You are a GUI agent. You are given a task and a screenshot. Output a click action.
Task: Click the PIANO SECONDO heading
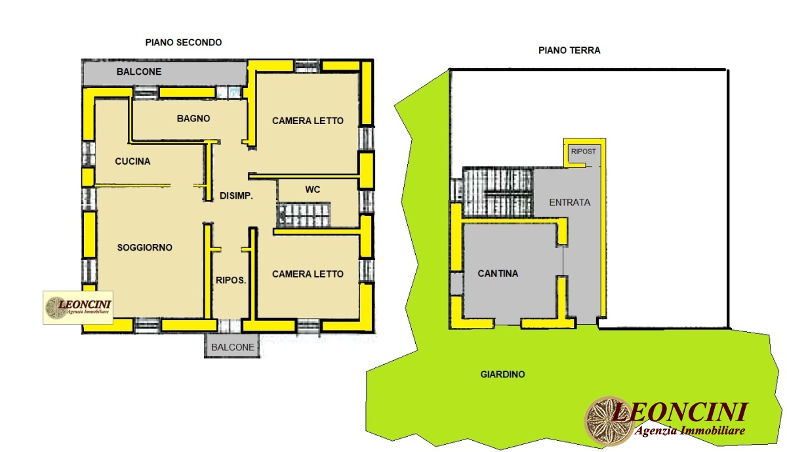pos(184,42)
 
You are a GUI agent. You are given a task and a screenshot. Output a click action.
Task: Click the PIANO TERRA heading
pos(569,50)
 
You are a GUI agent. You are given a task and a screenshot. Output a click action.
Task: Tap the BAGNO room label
pos(193,119)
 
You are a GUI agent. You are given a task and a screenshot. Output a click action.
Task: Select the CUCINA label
pos(132,161)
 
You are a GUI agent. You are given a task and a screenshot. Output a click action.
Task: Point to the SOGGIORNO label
pos(144,247)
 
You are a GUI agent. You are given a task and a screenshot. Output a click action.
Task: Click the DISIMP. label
pos(236,195)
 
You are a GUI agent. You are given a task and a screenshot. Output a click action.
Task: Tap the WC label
pos(312,190)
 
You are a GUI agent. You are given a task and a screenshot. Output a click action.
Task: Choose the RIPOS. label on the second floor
pos(231,279)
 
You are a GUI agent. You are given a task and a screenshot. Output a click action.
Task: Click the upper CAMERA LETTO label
pos(308,121)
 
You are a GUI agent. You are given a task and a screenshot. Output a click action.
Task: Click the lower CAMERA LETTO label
pos(308,274)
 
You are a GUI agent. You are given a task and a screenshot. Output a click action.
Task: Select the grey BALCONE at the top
pos(139,72)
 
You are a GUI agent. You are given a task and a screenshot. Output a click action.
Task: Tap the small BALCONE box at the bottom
pos(233,348)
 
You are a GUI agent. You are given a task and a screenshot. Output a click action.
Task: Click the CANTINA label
pos(498,274)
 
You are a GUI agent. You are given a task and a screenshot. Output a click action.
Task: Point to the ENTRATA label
pos(569,202)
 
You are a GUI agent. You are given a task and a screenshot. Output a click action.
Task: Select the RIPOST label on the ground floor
pos(584,151)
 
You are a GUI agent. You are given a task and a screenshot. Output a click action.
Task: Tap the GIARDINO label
pos(502,375)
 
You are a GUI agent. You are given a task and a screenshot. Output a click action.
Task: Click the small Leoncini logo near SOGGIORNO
pos(78,307)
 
